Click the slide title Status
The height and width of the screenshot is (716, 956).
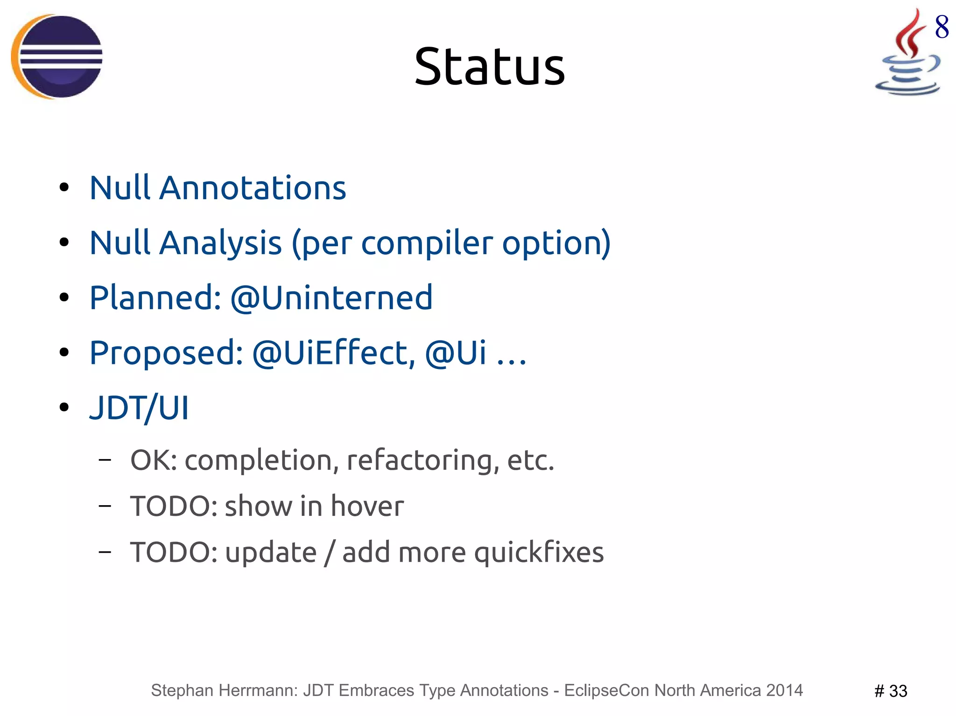pos(489,68)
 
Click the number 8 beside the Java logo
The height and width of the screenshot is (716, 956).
pos(942,27)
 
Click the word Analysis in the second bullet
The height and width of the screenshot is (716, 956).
pos(220,243)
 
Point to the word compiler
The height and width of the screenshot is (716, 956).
pos(427,243)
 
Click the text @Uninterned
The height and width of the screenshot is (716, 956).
pos(331,298)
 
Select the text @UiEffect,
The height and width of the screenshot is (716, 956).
pos(333,353)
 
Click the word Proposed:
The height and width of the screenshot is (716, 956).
pos(166,353)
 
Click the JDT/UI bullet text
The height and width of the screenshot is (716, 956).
pos(139,408)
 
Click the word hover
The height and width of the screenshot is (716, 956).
pos(367,506)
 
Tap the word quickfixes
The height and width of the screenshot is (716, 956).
pos(539,552)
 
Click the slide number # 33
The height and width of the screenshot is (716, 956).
pos(890,691)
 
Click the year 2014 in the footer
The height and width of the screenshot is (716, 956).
pos(784,690)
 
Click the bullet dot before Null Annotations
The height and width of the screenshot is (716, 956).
pos(64,188)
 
